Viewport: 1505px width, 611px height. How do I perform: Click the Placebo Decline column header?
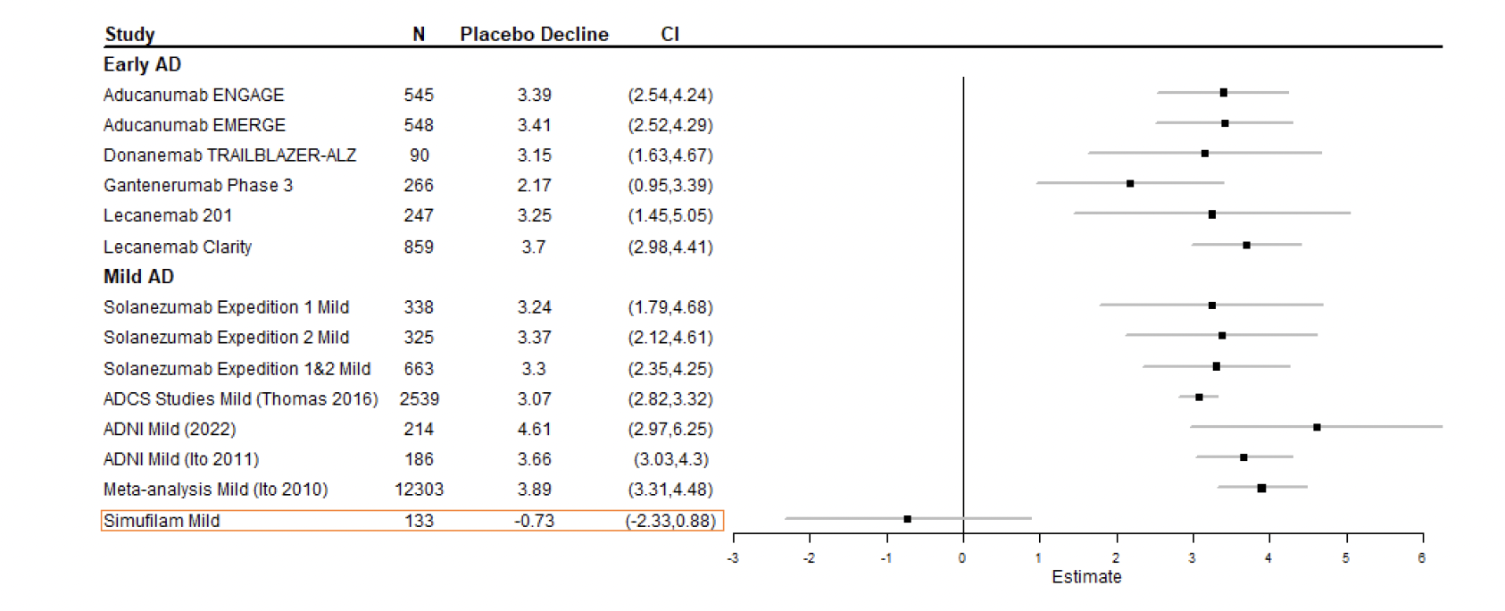point(534,34)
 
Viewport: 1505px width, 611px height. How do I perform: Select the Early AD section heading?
point(142,64)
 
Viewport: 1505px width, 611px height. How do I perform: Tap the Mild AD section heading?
point(138,277)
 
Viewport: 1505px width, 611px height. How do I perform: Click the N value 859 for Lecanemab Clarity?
point(419,247)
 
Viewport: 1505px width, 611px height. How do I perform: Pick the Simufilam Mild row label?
point(162,521)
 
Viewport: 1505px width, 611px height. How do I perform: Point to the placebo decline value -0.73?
point(534,521)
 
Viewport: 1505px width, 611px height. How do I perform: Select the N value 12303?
point(419,490)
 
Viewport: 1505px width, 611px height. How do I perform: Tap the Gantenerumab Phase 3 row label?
point(198,186)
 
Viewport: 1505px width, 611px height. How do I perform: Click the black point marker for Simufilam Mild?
point(907,519)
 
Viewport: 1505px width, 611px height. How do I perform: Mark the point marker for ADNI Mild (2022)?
point(1317,427)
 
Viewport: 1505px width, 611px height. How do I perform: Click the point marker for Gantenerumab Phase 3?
point(1130,183)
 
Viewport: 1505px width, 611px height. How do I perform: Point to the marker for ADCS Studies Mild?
point(1199,397)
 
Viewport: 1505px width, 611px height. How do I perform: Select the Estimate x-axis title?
point(1086,577)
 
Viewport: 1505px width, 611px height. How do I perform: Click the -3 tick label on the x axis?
point(733,558)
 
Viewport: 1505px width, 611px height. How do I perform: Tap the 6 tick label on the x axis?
point(1422,558)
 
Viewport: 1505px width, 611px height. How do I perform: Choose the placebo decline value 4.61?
point(534,430)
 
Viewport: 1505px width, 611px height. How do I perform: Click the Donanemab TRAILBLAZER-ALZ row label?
point(229,155)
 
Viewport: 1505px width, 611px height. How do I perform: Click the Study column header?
point(129,34)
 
